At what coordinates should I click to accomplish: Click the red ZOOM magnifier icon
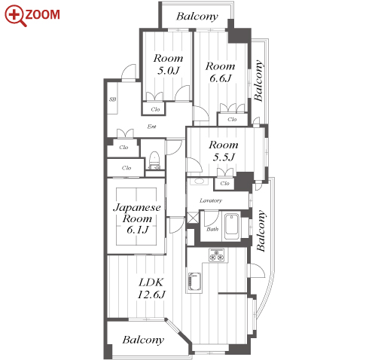15,16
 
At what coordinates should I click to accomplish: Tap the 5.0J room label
168,64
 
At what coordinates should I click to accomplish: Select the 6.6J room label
220,72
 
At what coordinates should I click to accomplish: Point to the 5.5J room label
224,151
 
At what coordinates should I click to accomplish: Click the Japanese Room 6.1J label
137,218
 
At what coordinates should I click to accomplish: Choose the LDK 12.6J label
151,288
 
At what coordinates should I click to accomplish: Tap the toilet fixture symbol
154,160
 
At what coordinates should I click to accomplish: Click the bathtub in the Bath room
232,226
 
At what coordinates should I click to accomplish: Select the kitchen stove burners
217,255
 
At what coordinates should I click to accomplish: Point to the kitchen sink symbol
194,282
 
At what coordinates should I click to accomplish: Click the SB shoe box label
113,99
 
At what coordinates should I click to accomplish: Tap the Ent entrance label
151,127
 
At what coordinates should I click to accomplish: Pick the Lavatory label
211,200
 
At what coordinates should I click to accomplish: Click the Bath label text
212,229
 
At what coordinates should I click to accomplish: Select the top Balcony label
197,17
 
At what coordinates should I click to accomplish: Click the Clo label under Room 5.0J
155,109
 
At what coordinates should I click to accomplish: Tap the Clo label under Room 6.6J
232,119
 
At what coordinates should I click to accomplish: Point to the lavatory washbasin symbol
200,181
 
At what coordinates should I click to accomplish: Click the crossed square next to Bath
193,218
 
